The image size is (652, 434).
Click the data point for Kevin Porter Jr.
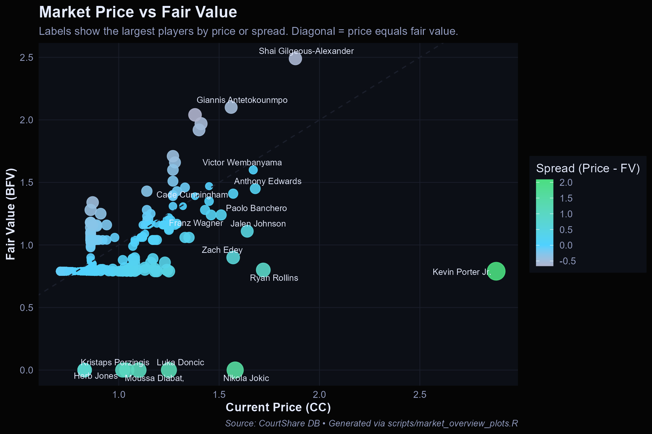tap(496, 271)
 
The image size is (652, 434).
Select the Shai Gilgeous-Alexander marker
tap(295, 59)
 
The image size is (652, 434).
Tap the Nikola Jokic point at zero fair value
tap(235, 370)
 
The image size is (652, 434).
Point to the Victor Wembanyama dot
tap(253, 170)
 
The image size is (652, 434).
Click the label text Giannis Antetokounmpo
tap(242, 100)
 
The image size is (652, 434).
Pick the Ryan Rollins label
tap(274, 278)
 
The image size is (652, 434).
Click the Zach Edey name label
tap(222, 250)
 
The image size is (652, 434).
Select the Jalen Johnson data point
tap(247, 231)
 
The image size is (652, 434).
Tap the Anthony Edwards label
tap(268, 181)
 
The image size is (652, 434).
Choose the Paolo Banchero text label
tap(256, 208)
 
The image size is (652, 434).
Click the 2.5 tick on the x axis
tap(420, 395)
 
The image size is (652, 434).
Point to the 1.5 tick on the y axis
tap(26, 182)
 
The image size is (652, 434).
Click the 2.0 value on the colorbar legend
tap(566, 182)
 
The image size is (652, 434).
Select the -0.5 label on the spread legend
tap(567, 261)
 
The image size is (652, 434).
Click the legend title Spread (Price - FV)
tap(588, 168)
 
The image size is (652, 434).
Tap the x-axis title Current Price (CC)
tap(278, 407)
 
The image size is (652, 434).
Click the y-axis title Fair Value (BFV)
tap(11, 214)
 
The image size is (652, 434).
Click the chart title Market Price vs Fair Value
tap(138, 12)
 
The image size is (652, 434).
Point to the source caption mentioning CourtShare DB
tap(371, 423)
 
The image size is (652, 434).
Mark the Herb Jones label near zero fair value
tap(95, 376)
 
